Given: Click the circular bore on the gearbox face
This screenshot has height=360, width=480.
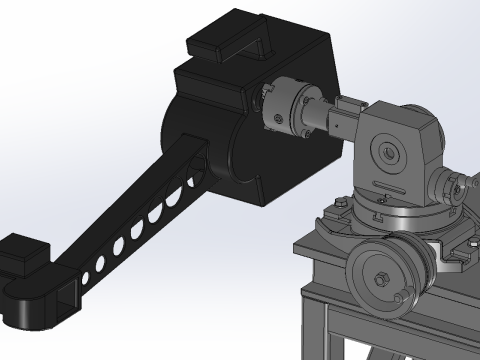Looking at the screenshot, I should [x=386, y=153].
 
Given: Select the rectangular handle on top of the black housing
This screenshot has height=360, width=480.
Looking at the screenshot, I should [x=231, y=38].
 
